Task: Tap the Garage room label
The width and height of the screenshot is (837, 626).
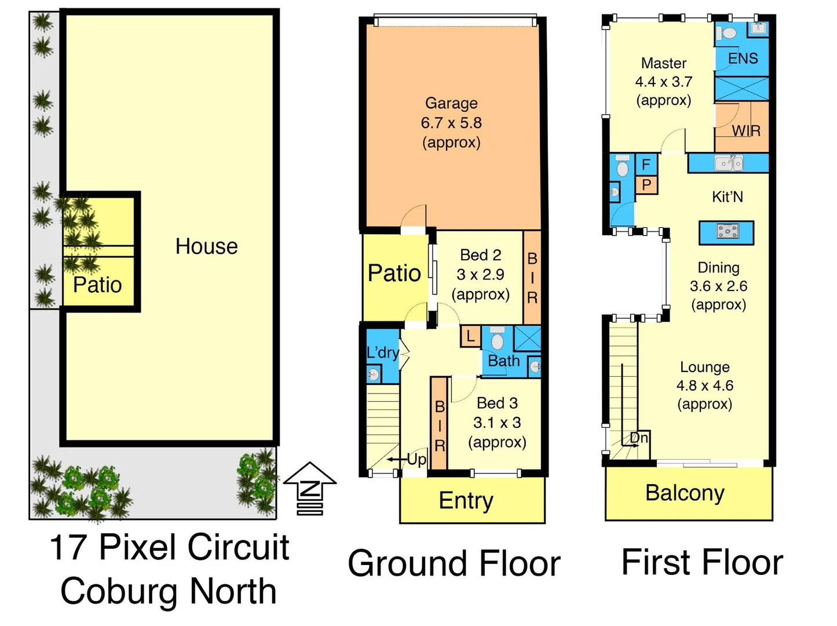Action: pos(451,103)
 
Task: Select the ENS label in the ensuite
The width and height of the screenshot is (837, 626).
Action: pos(743,59)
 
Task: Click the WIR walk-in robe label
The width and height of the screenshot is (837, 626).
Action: pos(746,131)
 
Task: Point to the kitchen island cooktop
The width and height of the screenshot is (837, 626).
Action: pos(727,232)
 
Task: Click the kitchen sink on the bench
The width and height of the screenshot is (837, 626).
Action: pos(728,163)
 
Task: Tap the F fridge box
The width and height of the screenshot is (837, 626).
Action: pos(646,165)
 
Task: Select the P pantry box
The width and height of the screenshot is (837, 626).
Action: pos(646,185)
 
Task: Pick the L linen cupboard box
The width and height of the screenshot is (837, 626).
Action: pos(470,336)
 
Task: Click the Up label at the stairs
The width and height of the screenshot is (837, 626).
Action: pos(416,460)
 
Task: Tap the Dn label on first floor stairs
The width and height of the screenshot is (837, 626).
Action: pos(639,438)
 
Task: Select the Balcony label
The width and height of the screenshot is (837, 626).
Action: pos(685,493)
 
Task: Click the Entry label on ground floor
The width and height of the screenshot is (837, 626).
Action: pos(466,500)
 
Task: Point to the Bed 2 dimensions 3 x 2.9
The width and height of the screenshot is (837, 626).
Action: pos(480,274)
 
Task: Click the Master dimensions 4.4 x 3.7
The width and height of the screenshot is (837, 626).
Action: pos(664,82)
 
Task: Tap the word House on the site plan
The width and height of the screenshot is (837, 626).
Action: pos(206,246)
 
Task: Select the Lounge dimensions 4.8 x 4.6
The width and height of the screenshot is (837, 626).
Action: pos(704,385)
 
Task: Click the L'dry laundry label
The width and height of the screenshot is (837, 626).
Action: pos(382,352)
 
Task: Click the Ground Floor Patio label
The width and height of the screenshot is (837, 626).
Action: pos(394,273)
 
